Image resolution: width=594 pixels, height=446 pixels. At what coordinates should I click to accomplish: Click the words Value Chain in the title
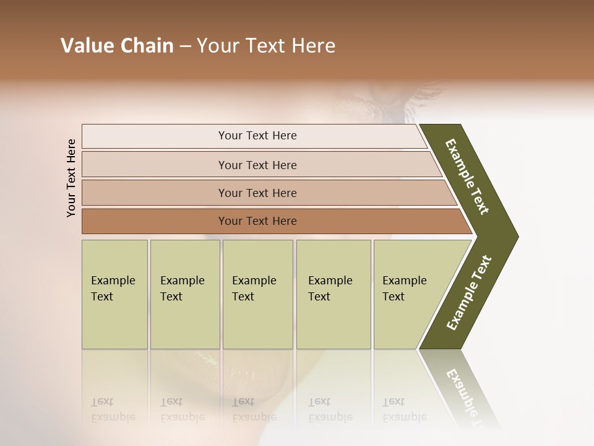[117, 46]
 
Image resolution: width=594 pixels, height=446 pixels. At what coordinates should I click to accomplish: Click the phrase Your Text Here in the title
[266, 46]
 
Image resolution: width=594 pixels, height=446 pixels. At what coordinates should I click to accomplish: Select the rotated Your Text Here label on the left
[71, 178]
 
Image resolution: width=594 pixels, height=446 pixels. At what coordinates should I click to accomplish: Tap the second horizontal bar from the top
[257, 165]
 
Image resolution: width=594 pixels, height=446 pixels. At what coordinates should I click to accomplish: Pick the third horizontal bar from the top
[257, 193]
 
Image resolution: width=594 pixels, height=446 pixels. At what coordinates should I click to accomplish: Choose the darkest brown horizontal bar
[257, 221]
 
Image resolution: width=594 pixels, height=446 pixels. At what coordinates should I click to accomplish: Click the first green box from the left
[114, 294]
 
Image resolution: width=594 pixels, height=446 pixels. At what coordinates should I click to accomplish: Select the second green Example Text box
[184, 294]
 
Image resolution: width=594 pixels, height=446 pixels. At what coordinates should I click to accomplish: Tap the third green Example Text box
[257, 294]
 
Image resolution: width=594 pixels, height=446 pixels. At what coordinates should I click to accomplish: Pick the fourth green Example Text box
[334, 294]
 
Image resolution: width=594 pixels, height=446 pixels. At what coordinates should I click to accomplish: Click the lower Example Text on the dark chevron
[469, 293]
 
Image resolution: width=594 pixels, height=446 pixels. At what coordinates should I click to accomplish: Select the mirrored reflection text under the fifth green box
[404, 409]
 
